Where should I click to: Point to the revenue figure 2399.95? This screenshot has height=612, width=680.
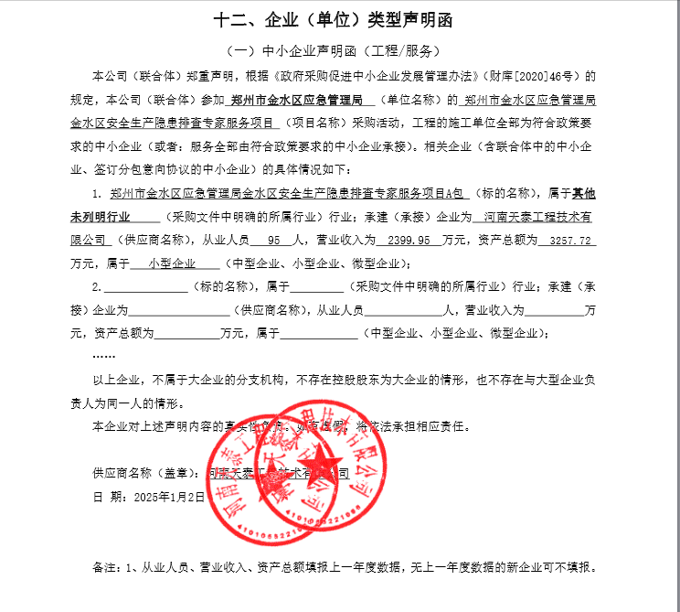409,241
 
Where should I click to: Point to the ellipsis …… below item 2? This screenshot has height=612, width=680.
104,355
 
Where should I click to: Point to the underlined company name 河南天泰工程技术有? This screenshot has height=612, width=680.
537,218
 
